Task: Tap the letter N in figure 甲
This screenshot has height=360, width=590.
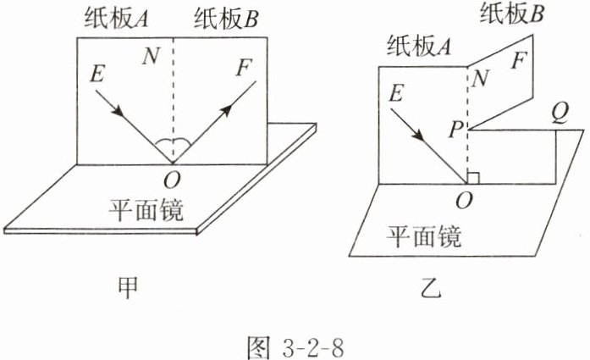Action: pos(151,56)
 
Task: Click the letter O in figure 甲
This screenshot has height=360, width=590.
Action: pos(173,180)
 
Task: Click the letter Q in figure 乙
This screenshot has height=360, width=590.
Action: pos(559,112)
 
